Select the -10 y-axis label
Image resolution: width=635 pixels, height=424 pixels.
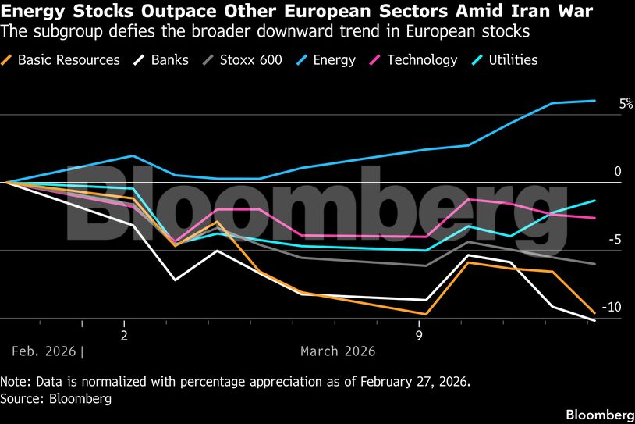[613, 307]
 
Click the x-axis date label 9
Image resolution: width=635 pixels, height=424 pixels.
[419, 335]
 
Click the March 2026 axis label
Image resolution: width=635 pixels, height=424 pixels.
[338, 351]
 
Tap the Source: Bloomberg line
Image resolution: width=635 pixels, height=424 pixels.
[56, 399]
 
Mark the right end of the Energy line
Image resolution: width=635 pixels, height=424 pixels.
[595, 101]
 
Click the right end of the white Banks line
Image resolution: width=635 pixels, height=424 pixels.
[595, 320]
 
